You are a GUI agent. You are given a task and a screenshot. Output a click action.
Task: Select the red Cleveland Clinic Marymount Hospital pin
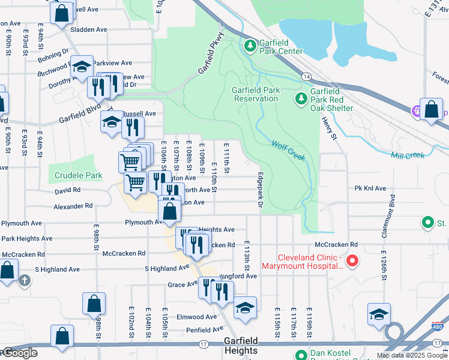[352, 261]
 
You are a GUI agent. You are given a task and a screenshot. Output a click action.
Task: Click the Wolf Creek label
[289, 151]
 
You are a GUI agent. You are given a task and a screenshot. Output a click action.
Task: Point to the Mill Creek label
[407, 155]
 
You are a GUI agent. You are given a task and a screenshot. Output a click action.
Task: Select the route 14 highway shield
[306, 77]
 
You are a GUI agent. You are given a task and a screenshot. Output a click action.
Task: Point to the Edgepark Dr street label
[261, 191]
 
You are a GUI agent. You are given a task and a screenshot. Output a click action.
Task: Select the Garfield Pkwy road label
[208, 58]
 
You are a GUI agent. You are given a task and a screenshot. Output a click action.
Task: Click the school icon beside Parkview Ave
[82, 67]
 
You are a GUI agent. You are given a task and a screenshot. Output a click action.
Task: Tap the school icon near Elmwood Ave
[245, 308]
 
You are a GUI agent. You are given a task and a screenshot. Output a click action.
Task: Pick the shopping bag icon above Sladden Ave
[61, 13]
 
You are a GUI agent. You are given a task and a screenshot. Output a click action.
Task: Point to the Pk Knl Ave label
[370, 188]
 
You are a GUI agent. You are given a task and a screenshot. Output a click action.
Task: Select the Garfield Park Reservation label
[256, 94]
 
